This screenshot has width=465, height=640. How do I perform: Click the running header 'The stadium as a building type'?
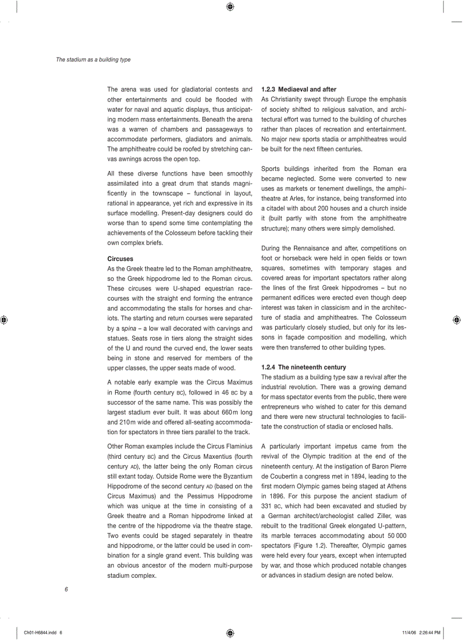point(93,59)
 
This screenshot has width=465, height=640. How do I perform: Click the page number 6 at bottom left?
point(66,589)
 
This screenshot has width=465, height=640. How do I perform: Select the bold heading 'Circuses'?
point(120,259)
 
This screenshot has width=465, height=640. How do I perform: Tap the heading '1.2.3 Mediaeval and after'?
point(299,89)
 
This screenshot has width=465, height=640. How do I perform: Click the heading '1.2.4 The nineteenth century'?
point(303,367)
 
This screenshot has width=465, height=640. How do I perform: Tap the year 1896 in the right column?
point(274,496)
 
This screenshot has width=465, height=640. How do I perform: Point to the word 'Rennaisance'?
point(316,248)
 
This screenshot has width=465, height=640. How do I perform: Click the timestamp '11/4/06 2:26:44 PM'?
point(421,633)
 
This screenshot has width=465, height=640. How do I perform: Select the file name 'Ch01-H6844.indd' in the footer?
point(40,633)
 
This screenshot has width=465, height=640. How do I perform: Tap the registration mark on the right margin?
point(456,320)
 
